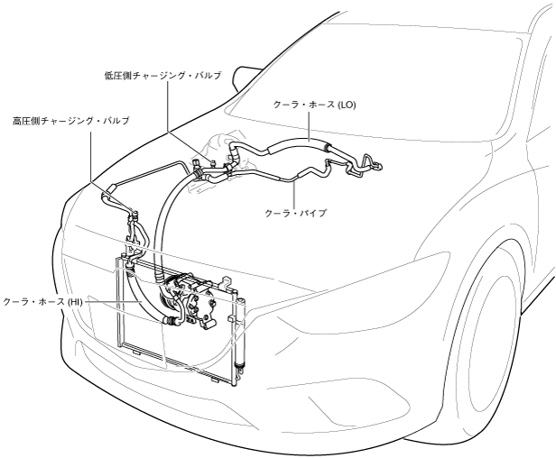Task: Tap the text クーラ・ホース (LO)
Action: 315,105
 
